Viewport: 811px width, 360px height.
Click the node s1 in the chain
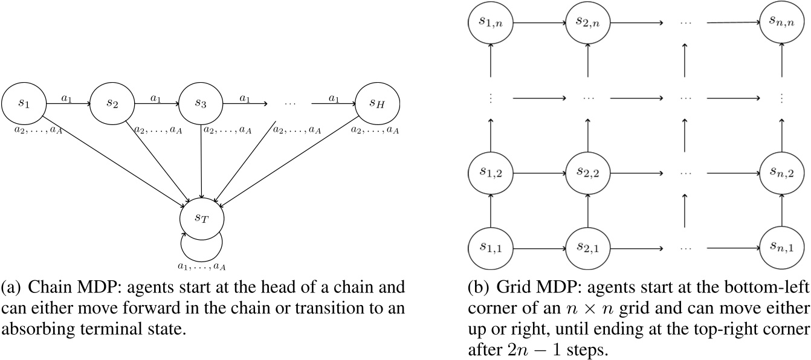pyautogui.click(x=24, y=103)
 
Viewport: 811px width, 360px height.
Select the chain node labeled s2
pyautogui.click(x=112, y=103)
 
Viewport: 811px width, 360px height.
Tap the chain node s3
pyautogui.click(x=201, y=103)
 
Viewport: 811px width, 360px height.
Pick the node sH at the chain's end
pyautogui.click(x=377, y=103)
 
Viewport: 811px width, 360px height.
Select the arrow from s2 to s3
pyautogui.click(x=157, y=103)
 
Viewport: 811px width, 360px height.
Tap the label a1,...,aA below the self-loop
pyautogui.click(x=201, y=265)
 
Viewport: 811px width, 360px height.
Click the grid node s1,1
pyautogui.click(x=491, y=247)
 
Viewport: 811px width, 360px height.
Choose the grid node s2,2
pyautogui.click(x=588, y=173)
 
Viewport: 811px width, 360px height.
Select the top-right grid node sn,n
pyautogui.click(x=783, y=23)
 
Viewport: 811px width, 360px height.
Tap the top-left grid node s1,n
pyautogui.click(x=491, y=23)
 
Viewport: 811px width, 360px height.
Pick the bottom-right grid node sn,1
pyautogui.click(x=783, y=247)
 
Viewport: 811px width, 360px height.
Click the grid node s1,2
pyautogui.click(x=491, y=173)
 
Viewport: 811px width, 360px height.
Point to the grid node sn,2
pyautogui.click(x=783, y=173)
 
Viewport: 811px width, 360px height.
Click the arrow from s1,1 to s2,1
pyautogui.click(x=539, y=247)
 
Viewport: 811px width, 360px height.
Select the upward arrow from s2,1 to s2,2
pyautogui.click(x=588, y=210)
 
